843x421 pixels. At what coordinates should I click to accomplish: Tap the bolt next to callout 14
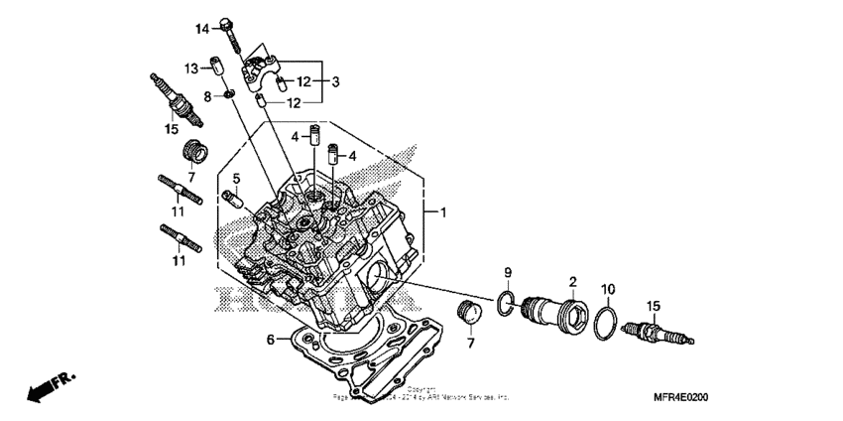click(x=232, y=32)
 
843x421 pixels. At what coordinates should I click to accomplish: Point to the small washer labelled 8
click(x=228, y=94)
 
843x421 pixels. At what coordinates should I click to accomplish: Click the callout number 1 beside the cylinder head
click(x=443, y=212)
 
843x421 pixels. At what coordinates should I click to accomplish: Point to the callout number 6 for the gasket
click(x=270, y=340)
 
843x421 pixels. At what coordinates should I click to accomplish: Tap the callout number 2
click(x=572, y=282)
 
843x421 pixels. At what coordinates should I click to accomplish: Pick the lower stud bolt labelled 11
click(x=181, y=239)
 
